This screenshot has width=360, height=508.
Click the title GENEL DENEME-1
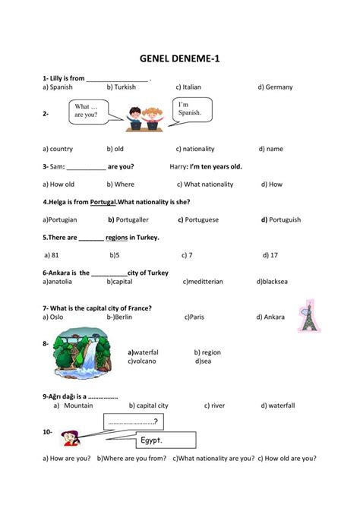click(x=179, y=56)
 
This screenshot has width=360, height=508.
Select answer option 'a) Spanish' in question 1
click(x=58, y=87)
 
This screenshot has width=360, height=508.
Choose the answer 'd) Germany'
click(x=274, y=87)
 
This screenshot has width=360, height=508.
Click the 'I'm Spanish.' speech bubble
click(x=191, y=109)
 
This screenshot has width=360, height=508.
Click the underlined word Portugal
click(x=103, y=202)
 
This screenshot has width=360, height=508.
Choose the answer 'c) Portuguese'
click(x=198, y=219)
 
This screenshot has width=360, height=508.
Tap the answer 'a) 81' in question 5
click(x=52, y=255)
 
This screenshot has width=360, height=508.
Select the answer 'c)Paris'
click(x=194, y=317)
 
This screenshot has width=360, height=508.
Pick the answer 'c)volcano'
click(x=142, y=361)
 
